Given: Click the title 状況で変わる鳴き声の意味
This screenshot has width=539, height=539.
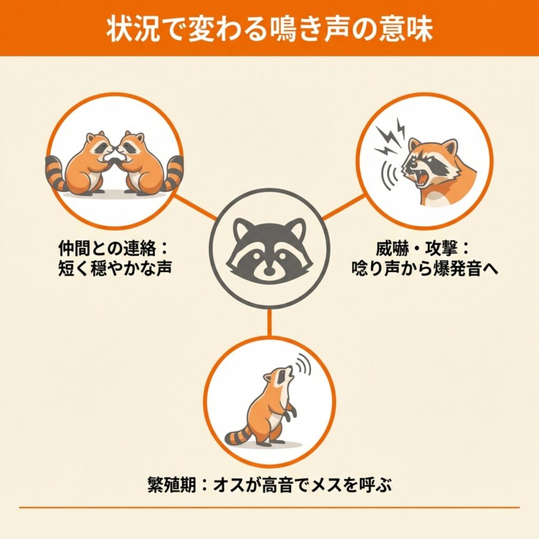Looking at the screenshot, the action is point(269,29).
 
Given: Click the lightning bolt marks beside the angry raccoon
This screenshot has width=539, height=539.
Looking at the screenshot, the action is point(391,136).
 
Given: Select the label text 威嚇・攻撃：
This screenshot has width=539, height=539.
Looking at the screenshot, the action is point(422,248).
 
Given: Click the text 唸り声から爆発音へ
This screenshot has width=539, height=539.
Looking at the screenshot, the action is point(425,268).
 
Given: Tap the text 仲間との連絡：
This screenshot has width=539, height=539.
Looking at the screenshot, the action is point(113,248).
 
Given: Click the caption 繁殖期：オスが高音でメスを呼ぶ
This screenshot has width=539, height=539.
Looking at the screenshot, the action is point(269,485).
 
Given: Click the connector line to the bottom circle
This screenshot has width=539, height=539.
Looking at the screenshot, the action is point(269,323).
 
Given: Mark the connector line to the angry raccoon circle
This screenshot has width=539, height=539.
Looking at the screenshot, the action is point(343,207).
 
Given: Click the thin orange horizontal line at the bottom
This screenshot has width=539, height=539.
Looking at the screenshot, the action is point(269,507).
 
